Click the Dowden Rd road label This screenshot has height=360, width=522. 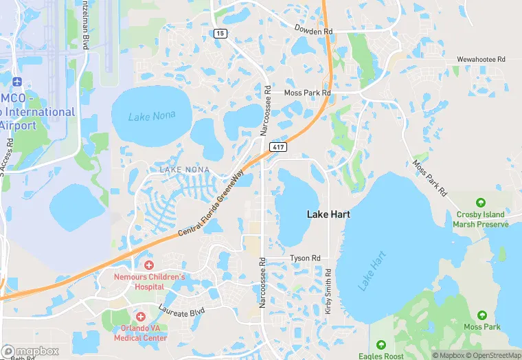pos(313,31)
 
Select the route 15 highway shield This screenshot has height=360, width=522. pos(219,33)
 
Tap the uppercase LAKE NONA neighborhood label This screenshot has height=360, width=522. pos(184,169)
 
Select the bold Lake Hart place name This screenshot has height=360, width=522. pos(328,214)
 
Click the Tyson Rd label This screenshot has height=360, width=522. pos(305,258)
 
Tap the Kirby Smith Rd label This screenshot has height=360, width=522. pos(328,291)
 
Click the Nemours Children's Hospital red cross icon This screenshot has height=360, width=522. pos(149,265)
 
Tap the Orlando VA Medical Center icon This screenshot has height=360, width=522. pos(141,317)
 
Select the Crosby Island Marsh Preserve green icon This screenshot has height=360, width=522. pos(481,203)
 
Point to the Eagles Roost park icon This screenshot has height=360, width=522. pos(381,344)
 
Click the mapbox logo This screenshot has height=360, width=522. pos(30,351)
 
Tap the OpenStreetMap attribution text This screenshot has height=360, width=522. pos(493,355)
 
